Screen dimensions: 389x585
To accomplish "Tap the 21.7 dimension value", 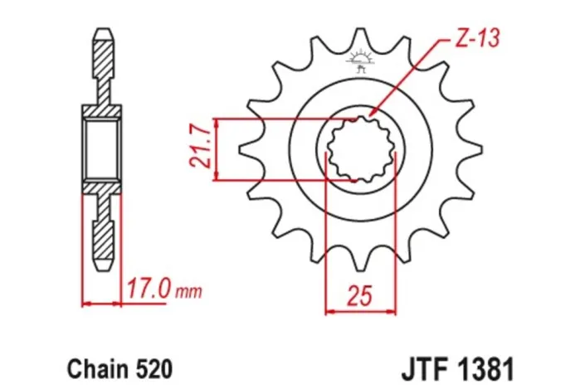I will pyautogui.click(x=198, y=148).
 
